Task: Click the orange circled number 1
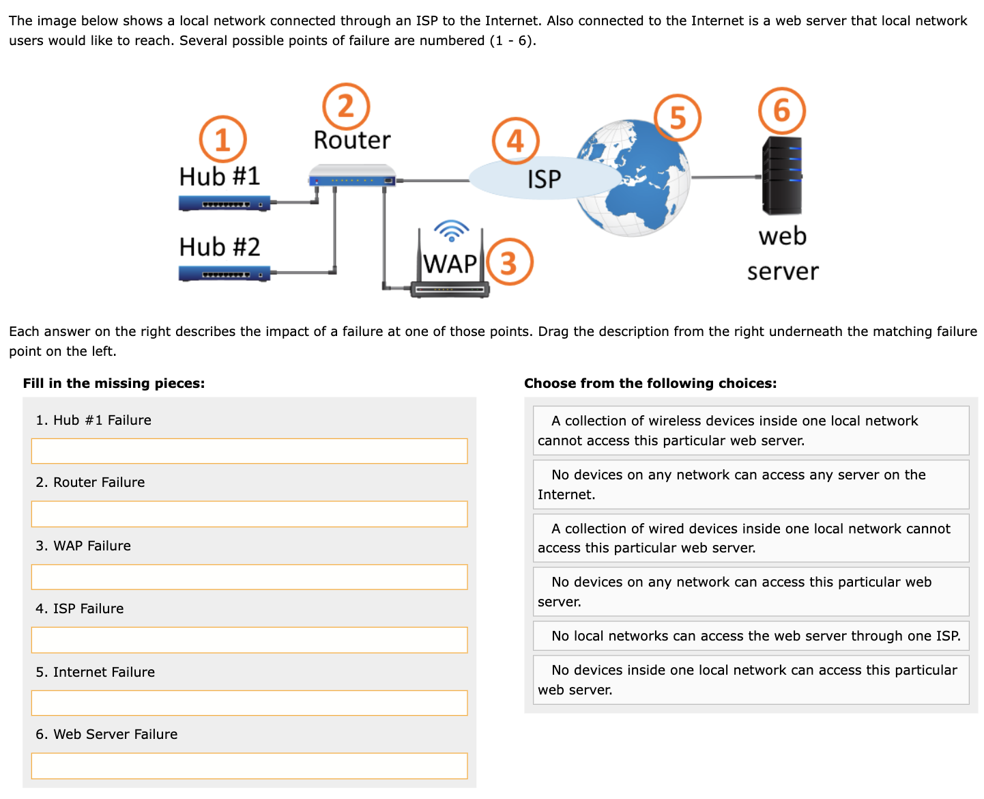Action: pos(222,139)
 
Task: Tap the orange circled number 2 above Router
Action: pos(346,107)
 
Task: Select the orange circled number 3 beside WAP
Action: pos(509,262)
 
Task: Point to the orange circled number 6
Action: pos(782,111)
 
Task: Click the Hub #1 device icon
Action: pos(225,204)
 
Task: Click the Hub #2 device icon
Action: pos(225,274)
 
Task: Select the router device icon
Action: pos(352,177)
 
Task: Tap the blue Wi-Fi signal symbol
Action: pos(451,231)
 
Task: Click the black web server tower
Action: pos(782,176)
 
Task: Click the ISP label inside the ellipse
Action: pos(544,180)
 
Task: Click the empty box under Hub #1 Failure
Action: pos(249,451)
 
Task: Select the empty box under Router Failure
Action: pos(249,514)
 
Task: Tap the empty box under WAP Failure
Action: pos(249,577)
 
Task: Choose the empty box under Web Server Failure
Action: pos(249,766)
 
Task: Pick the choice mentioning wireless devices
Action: pos(751,430)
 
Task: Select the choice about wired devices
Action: pos(751,538)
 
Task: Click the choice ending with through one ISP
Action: pos(751,636)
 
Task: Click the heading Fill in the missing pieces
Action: pos(114,383)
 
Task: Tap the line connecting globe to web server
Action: pos(726,177)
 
